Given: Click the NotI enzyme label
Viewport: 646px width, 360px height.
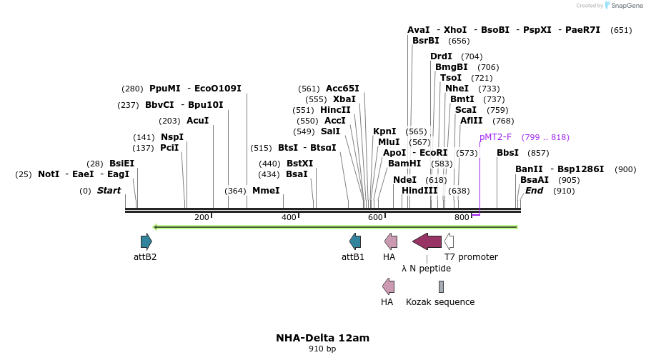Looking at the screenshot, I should coord(49,174).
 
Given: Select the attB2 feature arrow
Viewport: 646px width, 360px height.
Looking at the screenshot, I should coord(146,241).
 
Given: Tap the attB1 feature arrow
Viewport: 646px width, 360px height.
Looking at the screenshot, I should coord(354,241).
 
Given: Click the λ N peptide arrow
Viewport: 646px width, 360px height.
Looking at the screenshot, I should coord(427,241).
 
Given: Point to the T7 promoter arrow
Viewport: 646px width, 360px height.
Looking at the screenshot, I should coord(449,241).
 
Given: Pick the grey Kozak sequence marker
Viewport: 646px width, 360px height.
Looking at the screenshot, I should coord(441,286).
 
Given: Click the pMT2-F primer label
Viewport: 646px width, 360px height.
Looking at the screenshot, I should coord(495,137).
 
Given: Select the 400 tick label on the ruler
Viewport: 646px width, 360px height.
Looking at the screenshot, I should coord(289,217).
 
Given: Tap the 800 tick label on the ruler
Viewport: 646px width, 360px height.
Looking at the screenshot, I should coord(462,217).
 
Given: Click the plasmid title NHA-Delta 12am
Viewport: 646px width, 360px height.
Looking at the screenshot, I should coord(322,338).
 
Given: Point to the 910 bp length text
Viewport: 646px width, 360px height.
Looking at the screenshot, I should coord(322,349).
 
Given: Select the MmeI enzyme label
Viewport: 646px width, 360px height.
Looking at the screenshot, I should coord(266,191).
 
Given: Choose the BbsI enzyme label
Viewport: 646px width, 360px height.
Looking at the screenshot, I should coord(507,153).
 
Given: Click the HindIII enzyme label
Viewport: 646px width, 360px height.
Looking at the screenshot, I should coord(419,191).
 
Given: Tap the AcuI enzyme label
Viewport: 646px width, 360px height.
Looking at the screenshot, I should coord(197,121).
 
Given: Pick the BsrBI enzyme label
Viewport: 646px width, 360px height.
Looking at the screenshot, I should coord(426,41).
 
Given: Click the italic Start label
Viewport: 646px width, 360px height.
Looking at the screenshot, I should coord(109,191).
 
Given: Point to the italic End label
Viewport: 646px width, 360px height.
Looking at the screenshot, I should coord(534,191).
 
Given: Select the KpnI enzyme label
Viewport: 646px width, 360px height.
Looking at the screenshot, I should coord(384,131).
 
